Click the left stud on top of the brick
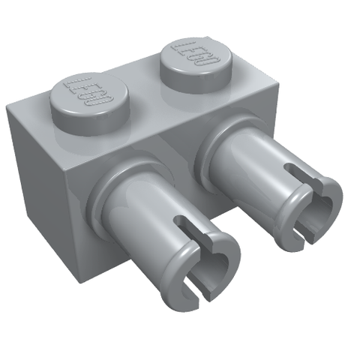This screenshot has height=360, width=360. (89, 104)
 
